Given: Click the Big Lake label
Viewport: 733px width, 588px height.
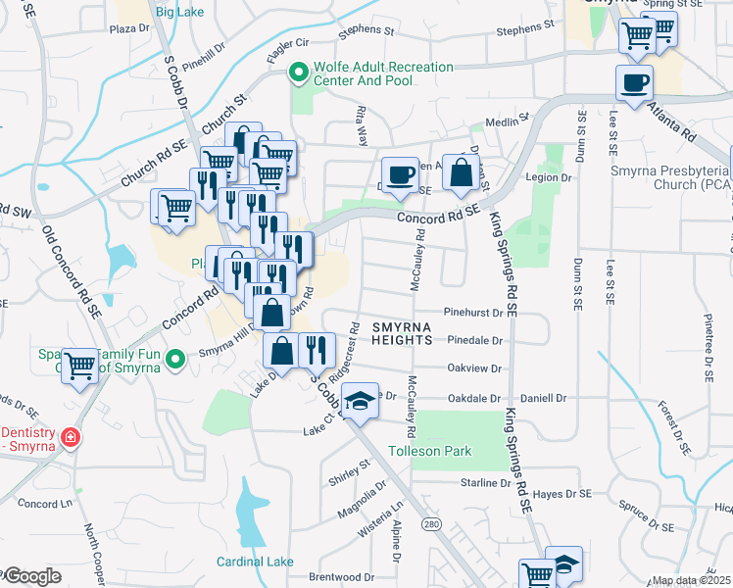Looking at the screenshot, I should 179,12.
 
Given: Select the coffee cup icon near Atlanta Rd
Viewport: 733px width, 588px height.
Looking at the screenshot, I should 634,82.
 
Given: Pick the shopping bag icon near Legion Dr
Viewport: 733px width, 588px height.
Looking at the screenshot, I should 461,172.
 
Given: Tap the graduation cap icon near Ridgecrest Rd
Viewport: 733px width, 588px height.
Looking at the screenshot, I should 360,400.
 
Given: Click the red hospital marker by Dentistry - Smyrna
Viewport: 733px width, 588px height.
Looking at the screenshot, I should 70,438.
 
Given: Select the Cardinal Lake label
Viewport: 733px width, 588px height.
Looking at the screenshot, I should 255,562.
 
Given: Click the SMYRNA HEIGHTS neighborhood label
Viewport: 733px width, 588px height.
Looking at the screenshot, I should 402,332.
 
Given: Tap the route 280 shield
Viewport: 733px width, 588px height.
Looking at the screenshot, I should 430,526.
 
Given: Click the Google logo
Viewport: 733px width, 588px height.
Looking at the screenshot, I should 32,576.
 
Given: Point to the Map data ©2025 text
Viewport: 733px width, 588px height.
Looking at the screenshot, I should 691,581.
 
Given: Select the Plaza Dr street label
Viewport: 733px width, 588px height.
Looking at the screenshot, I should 129,28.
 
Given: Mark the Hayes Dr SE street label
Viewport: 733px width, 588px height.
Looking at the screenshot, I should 564,495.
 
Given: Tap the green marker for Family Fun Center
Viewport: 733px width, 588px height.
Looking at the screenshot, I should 176,360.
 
